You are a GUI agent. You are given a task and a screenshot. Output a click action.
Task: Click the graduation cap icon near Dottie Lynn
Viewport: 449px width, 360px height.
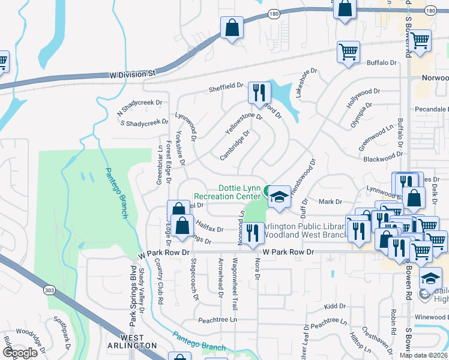[279, 197]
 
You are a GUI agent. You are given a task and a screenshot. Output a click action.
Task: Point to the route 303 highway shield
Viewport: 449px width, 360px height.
[49, 290]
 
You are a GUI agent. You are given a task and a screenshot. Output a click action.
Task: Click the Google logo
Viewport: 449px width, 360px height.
[20, 353]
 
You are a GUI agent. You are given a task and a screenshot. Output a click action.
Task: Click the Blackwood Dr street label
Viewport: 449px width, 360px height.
[382, 158]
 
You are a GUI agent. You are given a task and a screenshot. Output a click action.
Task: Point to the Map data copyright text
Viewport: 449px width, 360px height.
[423, 355]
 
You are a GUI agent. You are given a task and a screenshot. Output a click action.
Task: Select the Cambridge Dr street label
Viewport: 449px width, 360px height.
[234, 147]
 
